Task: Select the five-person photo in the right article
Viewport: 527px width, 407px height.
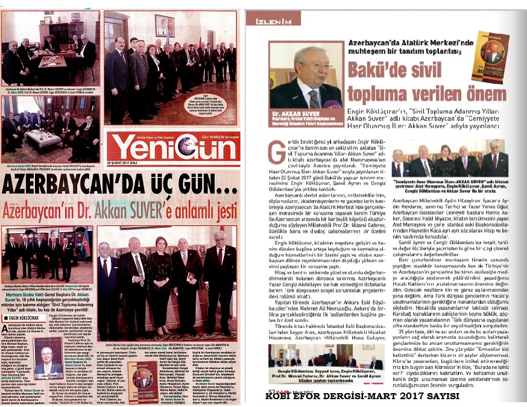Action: pyautogui.click(x=449, y=159)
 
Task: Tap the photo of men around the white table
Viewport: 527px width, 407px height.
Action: pyautogui.click(x=49, y=124)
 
